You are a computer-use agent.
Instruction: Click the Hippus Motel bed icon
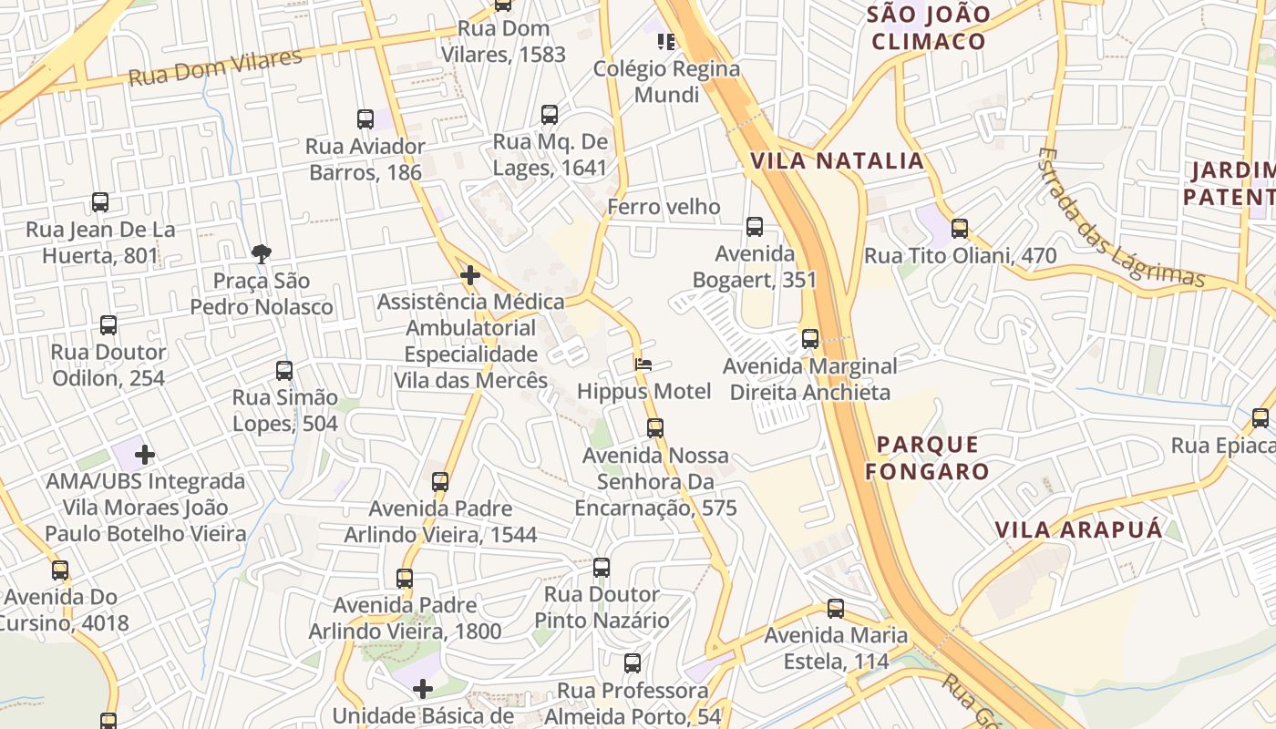click(643, 364)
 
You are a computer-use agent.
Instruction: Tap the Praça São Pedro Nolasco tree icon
click(262, 253)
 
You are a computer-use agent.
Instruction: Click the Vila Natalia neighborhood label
click(837, 161)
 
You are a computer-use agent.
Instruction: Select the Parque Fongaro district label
click(927, 458)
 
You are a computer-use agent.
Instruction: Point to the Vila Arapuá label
click(1078, 530)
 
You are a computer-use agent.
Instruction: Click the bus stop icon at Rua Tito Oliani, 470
click(960, 229)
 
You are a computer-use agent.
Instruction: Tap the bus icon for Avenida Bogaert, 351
click(755, 227)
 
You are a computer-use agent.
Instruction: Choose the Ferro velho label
click(664, 207)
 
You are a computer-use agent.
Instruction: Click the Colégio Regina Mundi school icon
click(666, 41)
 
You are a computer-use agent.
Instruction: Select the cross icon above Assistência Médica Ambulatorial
click(470, 274)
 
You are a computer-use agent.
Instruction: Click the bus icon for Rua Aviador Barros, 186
click(365, 118)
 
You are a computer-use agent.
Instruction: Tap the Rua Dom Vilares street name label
click(215, 68)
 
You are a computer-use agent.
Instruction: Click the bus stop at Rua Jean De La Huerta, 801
click(100, 202)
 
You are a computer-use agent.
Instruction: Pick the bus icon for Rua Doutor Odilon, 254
click(108, 325)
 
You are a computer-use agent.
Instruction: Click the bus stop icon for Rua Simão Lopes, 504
click(284, 371)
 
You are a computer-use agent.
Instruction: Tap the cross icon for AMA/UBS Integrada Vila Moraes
click(145, 454)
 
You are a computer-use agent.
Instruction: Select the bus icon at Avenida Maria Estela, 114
click(836, 609)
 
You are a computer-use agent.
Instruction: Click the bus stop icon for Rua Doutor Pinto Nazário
click(602, 568)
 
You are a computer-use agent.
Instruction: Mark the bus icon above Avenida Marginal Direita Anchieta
click(810, 339)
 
